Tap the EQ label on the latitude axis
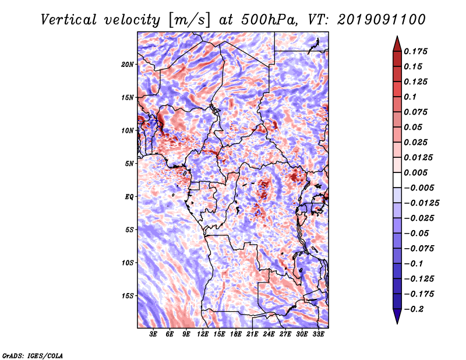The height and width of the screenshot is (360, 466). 129,196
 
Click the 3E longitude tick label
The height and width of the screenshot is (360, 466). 154,335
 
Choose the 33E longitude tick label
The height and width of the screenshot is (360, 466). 319,335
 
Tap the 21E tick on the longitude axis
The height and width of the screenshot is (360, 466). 253,335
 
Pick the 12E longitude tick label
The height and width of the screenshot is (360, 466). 203,335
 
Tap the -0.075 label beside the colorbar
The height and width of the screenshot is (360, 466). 419,248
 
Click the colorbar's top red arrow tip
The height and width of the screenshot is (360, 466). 397,40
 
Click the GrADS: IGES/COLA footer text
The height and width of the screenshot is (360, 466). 32,355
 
